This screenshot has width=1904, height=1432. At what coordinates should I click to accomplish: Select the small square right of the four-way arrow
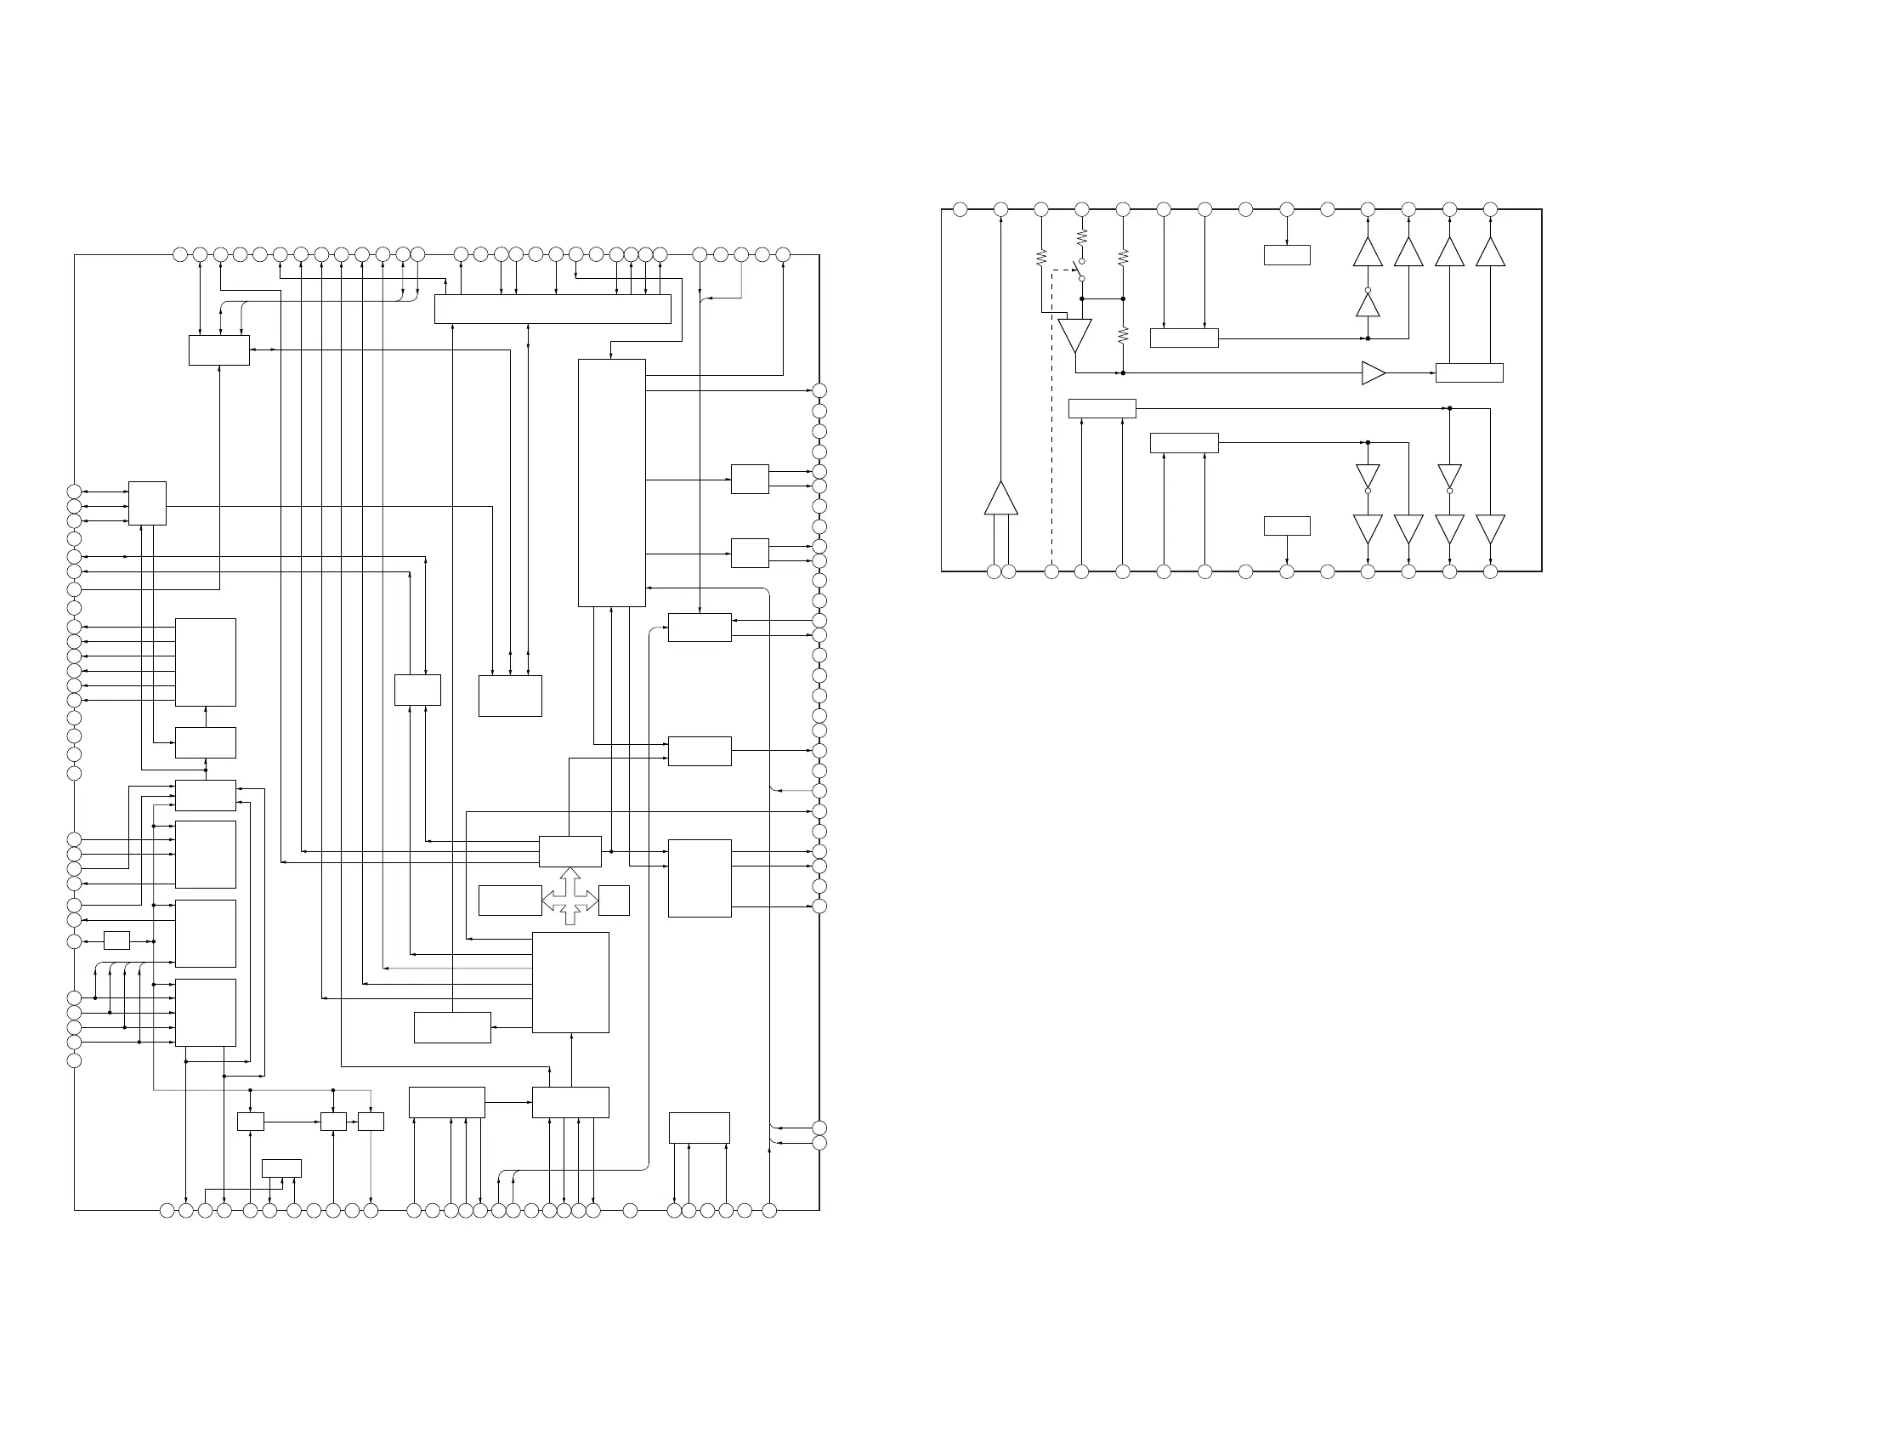click(x=614, y=901)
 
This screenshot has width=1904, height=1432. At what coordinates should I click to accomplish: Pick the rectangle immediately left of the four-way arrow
click(x=509, y=901)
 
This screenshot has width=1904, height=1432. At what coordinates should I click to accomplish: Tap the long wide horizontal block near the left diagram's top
click(x=552, y=310)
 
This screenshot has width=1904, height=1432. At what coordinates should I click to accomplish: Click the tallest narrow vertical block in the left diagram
click(x=611, y=483)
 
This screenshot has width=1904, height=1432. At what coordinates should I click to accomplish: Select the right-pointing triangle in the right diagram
click(x=1373, y=372)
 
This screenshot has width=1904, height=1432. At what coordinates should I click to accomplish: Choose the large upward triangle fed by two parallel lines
click(x=1000, y=498)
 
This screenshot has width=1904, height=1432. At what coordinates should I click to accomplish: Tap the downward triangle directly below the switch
click(x=1074, y=335)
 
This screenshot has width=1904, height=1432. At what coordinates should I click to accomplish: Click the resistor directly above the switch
click(x=1082, y=236)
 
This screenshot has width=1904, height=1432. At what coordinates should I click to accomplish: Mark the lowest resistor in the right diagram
click(x=1123, y=335)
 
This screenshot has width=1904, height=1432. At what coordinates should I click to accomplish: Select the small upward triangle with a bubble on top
click(x=1368, y=304)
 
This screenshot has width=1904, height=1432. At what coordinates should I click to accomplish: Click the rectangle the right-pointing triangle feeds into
click(x=1469, y=372)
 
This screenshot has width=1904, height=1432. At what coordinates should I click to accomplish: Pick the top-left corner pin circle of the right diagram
click(x=960, y=209)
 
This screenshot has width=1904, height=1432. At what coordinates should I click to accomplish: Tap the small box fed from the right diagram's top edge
click(x=1287, y=255)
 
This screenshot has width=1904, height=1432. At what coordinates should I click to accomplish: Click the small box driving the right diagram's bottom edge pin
click(x=1287, y=526)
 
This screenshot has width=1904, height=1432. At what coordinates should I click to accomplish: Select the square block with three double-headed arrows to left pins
click(x=147, y=503)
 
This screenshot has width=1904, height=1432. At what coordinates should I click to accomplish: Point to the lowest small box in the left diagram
click(x=281, y=1168)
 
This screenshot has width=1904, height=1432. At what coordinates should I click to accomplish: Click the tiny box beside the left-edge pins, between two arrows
click(x=116, y=940)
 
